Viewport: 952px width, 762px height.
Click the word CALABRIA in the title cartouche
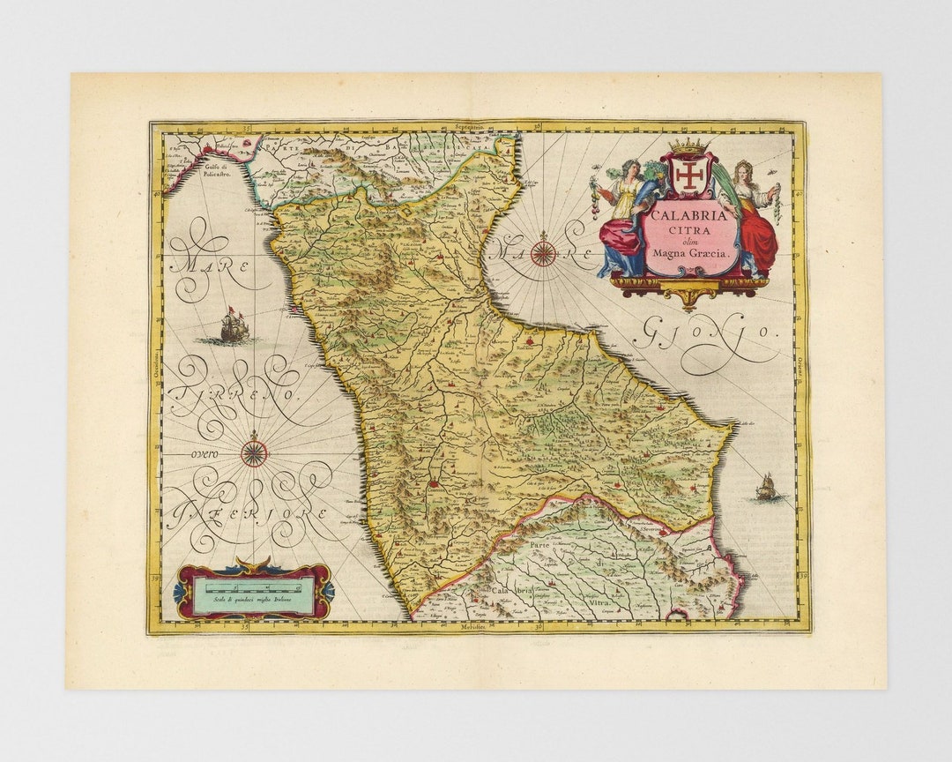tap(689, 214)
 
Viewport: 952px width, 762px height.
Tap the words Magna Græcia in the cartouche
tap(689, 253)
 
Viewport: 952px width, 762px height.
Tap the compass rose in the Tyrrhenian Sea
tap(254, 453)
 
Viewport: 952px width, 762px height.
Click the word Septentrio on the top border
tap(471, 127)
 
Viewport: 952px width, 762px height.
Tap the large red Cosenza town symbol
tap(434, 483)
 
